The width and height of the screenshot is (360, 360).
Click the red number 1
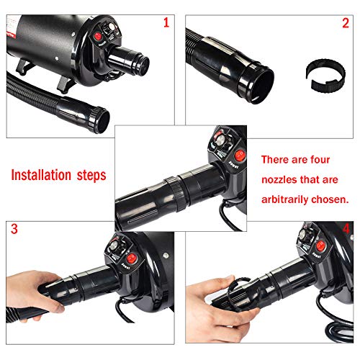coord(167,22)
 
